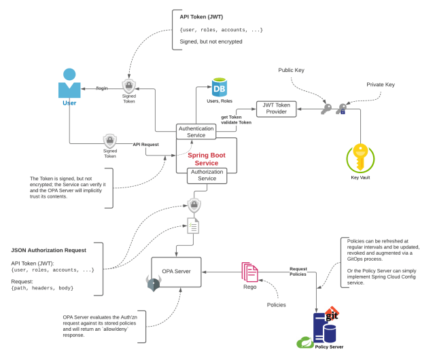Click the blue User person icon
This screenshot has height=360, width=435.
coord(69,84)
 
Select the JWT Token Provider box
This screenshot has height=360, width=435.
coord(276,108)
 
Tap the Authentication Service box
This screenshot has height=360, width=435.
coord(196,131)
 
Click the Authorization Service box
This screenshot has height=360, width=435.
coord(207,175)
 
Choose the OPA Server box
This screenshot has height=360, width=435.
coord(176,270)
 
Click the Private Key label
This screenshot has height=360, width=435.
coord(380,85)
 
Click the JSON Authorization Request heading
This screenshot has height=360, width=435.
coord(48,250)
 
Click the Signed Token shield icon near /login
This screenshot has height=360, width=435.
coord(128,86)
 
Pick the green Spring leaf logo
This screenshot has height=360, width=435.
coord(304,344)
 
